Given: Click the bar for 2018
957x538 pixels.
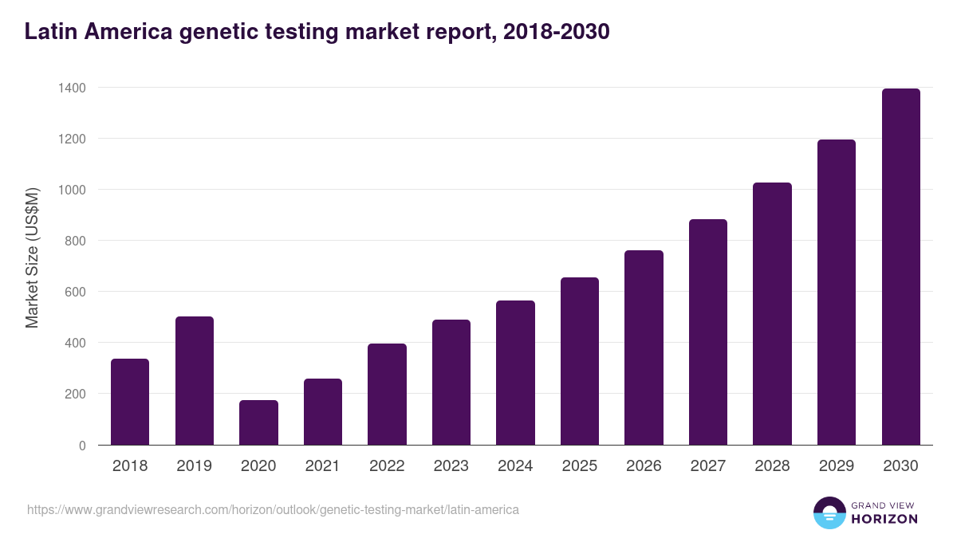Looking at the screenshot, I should click(x=130, y=402).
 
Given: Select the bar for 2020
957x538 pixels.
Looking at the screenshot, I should click(x=258, y=422).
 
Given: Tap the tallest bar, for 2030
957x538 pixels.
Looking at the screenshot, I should click(x=901, y=267).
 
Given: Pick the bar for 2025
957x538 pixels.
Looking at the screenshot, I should click(x=580, y=361).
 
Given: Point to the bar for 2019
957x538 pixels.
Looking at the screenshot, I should click(x=195, y=381).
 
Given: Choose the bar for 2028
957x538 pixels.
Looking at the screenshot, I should click(x=773, y=314).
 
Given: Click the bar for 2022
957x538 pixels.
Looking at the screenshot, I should click(x=387, y=395).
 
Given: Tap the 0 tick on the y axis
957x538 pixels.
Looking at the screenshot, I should click(x=82, y=446).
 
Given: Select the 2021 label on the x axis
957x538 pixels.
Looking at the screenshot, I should click(x=322, y=466).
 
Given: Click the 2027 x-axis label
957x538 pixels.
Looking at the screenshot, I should click(x=708, y=466).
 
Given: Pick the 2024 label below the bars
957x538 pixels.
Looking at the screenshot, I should click(x=515, y=466).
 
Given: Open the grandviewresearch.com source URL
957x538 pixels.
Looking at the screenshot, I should click(x=273, y=509).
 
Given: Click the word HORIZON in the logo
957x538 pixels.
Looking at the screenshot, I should click(x=884, y=519).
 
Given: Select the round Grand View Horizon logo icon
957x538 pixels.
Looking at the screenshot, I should click(x=829, y=512).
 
